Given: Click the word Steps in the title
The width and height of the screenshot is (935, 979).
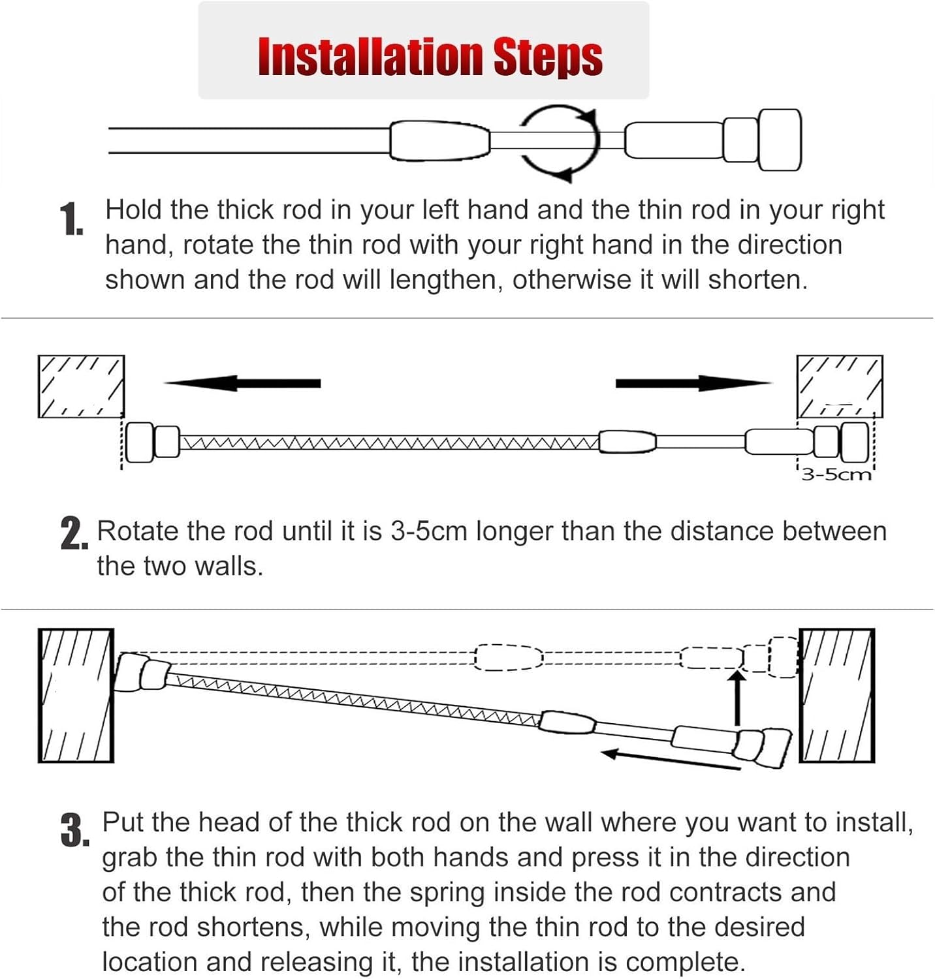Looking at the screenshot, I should (x=547, y=57).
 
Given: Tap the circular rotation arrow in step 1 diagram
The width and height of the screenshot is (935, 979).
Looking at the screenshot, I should (x=560, y=142).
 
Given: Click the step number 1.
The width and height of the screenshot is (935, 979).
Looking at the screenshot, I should (x=71, y=220).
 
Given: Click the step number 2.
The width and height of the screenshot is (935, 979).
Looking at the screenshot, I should (x=73, y=534).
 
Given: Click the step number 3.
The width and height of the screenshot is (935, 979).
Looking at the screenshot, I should (x=74, y=831).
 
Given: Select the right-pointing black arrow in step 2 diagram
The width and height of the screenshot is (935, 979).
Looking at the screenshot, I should (x=692, y=383).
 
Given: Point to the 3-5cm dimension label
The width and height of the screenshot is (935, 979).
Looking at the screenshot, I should (x=836, y=474).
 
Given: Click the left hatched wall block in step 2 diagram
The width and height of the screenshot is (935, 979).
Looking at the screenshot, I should (x=81, y=386).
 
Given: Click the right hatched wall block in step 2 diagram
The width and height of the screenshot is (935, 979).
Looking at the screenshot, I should (x=840, y=386).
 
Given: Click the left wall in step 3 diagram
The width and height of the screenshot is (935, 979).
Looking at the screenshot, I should (x=76, y=696).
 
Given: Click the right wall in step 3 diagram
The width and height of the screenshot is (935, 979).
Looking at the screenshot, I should (x=837, y=696).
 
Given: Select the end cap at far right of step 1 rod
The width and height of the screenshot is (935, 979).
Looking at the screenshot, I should (x=780, y=140).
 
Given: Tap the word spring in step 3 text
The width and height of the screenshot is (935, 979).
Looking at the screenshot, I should (x=447, y=892).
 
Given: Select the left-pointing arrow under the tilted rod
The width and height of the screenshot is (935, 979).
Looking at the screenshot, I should (x=669, y=760).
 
